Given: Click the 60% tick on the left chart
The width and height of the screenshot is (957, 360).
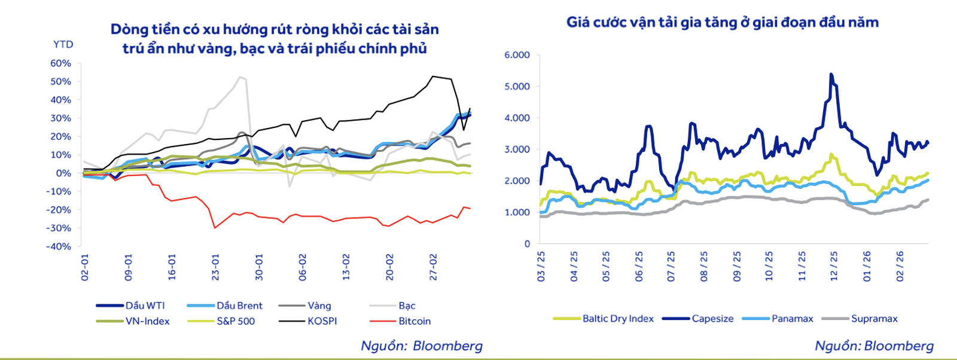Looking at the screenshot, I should tap(60, 63).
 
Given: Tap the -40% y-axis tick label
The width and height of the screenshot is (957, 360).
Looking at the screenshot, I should tap(59, 246).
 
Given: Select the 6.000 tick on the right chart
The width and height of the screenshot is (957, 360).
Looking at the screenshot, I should tap(517, 55).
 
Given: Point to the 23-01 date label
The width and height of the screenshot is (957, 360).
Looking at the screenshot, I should tap(215, 267).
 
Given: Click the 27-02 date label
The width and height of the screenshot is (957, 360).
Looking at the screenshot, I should tap(434, 267).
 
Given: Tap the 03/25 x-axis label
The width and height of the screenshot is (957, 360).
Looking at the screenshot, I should tap(541, 266).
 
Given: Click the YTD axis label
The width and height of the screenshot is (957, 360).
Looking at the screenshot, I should tap(63, 44).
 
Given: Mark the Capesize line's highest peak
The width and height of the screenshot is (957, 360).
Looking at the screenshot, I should tap(831, 74).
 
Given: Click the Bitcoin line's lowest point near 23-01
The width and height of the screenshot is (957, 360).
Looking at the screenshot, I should tap(215, 228).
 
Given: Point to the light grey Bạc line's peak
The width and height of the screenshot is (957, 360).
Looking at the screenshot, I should tap(240, 77).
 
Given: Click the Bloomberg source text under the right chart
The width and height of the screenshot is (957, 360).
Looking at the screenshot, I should tap(874, 346).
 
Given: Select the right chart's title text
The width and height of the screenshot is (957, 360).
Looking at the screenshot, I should tap(723, 23).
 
